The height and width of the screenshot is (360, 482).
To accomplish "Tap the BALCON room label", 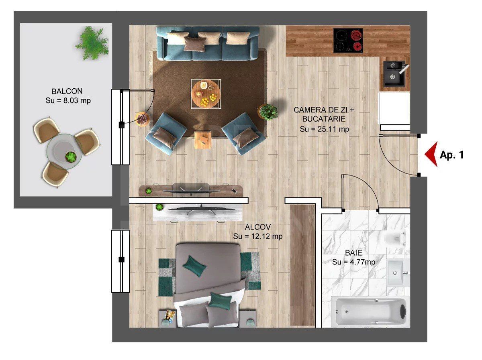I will [x=67, y=91].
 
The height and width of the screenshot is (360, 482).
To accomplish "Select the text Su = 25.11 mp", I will [x=324, y=129].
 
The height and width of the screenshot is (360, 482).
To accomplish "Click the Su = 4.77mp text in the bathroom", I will [x=353, y=262].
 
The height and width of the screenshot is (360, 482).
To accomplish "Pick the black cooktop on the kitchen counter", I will [x=348, y=40].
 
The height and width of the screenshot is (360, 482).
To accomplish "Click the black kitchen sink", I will [x=394, y=73].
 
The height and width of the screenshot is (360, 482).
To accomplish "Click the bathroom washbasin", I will [x=397, y=273].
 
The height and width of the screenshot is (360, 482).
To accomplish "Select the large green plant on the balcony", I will [x=92, y=43].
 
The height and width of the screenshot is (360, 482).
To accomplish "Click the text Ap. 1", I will [x=451, y=155].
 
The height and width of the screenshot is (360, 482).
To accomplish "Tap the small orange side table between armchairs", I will [x=202, y=140].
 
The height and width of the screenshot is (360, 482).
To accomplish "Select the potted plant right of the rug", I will [x=268, y=112].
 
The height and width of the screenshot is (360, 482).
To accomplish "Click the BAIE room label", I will [x=353, y=253].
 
